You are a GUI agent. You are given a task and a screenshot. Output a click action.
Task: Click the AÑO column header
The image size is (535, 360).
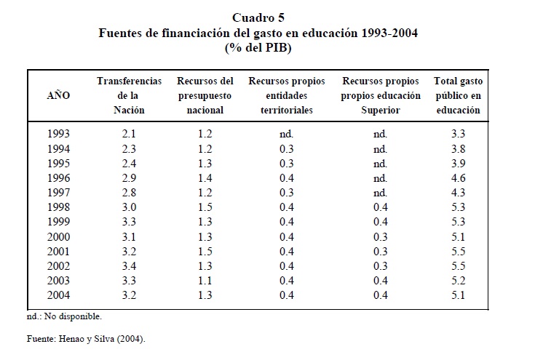pos(58,95)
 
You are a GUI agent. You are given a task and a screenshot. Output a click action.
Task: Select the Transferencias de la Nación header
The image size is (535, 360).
pos(129,95)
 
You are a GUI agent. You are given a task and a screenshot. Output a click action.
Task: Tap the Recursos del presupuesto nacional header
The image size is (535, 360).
pos(205,95)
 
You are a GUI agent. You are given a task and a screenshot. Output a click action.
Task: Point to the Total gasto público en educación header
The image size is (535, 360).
pos(458,95)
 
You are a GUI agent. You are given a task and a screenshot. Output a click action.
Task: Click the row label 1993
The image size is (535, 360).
pos(58,133)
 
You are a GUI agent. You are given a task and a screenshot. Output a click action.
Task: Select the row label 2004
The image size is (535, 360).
pos(58,295)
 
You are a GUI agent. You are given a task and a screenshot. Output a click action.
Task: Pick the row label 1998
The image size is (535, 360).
pos(58,207)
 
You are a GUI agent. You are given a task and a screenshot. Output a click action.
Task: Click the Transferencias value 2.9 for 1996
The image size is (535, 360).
pos(129,177)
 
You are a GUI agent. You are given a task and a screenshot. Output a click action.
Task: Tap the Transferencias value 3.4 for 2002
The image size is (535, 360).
pos(129,265)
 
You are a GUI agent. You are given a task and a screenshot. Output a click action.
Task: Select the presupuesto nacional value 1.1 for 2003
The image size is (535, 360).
pos(206,280)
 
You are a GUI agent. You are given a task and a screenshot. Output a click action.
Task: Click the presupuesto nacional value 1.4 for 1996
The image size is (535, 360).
pos(206,177)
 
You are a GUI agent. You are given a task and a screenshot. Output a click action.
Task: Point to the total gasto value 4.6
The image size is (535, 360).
pos(458,177)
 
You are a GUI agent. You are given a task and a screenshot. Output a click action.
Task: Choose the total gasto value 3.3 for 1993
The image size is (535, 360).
pos(458,133)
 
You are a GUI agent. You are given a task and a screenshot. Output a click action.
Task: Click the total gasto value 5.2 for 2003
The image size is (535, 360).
pos(458,280)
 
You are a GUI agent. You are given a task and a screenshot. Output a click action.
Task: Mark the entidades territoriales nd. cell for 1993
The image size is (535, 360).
pos(286,133)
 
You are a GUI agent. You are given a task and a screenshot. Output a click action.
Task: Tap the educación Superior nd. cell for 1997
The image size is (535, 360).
pos(380,192)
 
